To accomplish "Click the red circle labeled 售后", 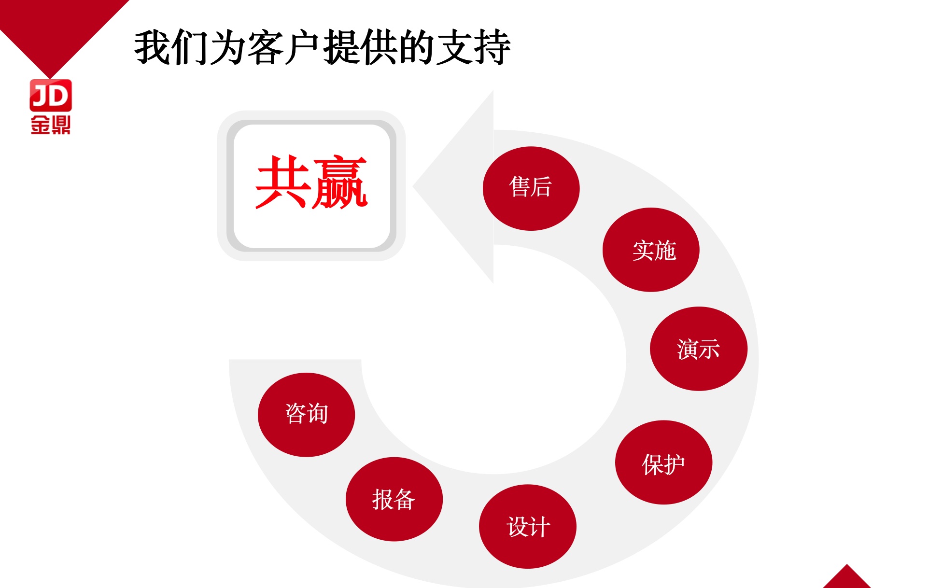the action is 531,188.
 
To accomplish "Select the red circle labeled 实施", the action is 651,250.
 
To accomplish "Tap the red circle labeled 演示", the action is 699,349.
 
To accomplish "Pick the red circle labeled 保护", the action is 663,462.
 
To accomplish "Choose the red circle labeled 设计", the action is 528,526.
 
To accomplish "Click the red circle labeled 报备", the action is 394,499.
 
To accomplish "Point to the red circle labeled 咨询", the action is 307,415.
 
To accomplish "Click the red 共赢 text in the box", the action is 311,182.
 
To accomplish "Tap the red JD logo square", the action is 51,95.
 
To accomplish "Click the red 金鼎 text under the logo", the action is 51,125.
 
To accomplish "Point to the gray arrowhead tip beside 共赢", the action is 413,186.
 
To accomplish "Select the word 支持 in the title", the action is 473,47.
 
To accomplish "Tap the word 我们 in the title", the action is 172,47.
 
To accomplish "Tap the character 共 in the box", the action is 283,182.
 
